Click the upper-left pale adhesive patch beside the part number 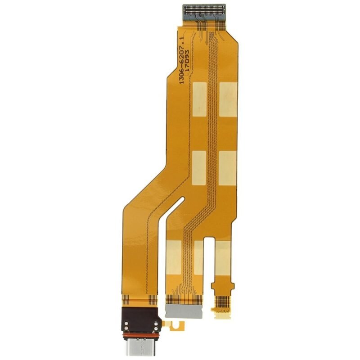coord(199,99)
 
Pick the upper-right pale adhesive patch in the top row coord(228,99)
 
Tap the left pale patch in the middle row coord(199,168)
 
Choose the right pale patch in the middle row coord(228,168)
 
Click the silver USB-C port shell coord(140,346)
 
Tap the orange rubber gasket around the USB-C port coord(140,334)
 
